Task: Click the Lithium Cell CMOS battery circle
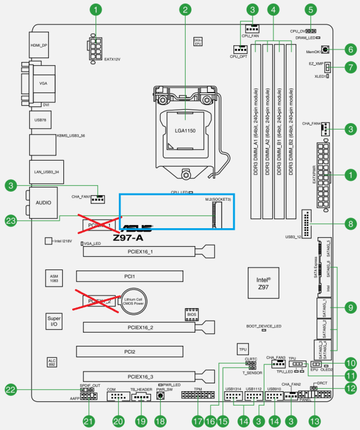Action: coord(136,301)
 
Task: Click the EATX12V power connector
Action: coord(96,48)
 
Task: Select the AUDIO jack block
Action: coord(42,202)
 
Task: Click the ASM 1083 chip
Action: coord(54,278)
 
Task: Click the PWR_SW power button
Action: coord(161,395)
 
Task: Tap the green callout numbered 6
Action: coord(350,50)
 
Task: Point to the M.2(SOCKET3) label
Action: coord(219,198)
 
